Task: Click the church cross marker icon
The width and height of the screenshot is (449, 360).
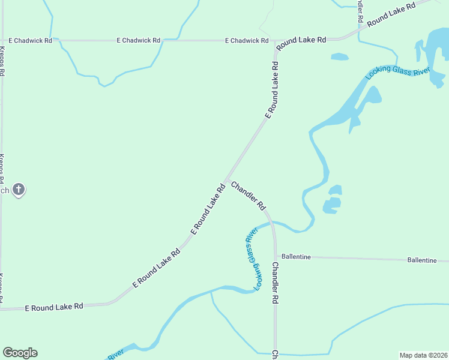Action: (x=19, y=190)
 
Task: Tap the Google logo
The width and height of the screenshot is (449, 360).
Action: (x=20, y=353)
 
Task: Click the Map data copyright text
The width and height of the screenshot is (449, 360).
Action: (x=424, y=355)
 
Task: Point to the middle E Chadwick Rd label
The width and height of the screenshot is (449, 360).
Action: (x=139, y=40)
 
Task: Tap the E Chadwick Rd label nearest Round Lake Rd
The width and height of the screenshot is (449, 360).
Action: (x=247, y=40)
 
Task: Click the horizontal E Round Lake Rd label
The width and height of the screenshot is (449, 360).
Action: (x=54, y=307)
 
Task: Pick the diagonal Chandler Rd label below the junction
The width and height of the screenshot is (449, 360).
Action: (x=249, y=196)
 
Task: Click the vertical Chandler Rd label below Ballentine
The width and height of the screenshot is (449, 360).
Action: (x=275, y=282)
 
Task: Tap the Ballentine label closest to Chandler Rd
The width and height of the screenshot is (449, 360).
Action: (x=296, y=257)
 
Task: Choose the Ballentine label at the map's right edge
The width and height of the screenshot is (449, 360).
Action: (x=422, y=260)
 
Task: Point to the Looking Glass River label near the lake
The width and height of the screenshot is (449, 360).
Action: (x=398, y=70)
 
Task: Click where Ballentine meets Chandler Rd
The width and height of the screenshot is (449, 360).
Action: (x=276, y=257)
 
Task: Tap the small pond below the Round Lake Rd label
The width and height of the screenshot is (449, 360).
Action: (x=339, y=57)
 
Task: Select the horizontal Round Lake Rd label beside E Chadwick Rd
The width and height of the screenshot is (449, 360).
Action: (x=301, y=40)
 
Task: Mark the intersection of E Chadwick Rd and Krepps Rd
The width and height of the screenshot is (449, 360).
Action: (x=3, y=40)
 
